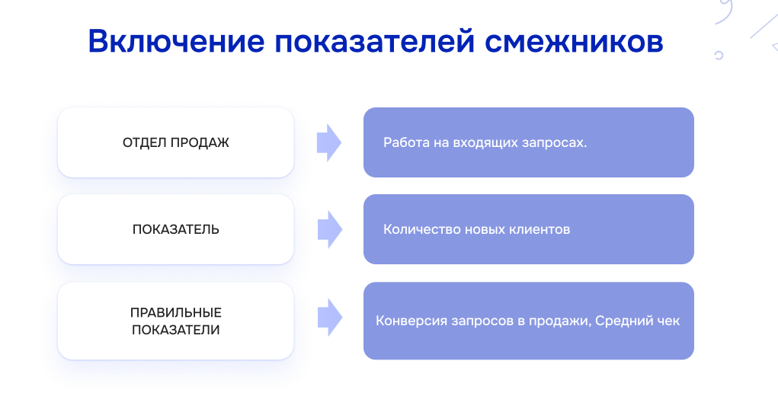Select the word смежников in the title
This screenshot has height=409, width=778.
click(574, 41)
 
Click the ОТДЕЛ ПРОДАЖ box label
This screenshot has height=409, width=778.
click(176, 142)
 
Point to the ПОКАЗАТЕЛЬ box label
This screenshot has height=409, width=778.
click(176, 229)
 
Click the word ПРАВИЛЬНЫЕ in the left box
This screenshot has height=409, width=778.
click(176, 313)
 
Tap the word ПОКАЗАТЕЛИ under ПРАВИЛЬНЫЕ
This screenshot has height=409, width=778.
click(176, 331)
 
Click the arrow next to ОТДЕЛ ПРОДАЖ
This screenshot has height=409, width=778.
click(329, 142)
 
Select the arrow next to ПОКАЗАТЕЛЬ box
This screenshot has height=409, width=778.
click(329, 229)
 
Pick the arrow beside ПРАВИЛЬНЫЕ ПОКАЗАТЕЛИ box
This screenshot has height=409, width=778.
click(329, 318)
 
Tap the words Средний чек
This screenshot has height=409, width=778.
click(638, 321)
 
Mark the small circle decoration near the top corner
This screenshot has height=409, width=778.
click(719, 55)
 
